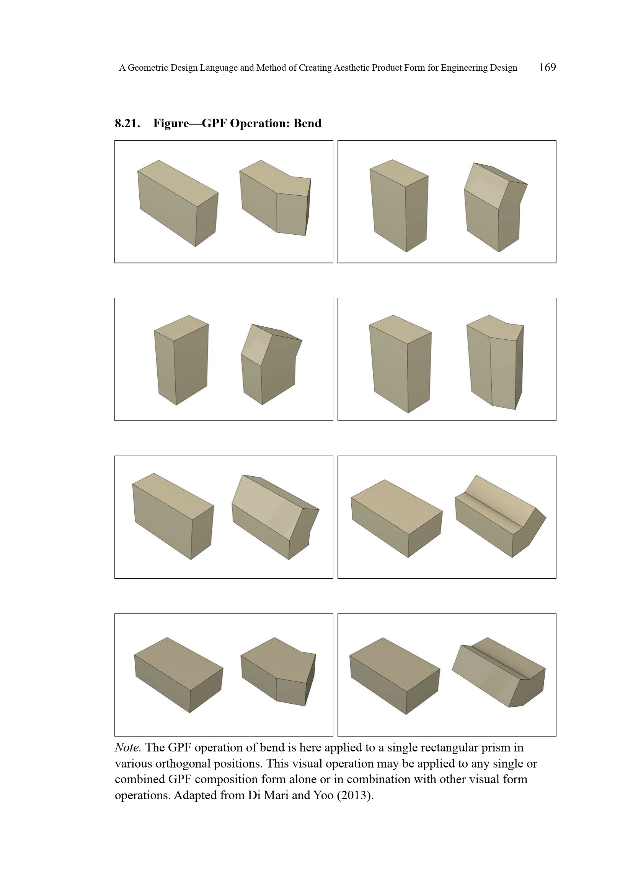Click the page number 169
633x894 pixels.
[547, 67]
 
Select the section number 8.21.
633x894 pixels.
[127, 123]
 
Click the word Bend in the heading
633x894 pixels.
[307, 123]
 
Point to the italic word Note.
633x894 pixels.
[128, 747]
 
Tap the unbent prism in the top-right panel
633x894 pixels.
[399, 206]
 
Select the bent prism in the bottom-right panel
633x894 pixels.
[499, 672]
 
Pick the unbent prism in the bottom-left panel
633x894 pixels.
[178, 675]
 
